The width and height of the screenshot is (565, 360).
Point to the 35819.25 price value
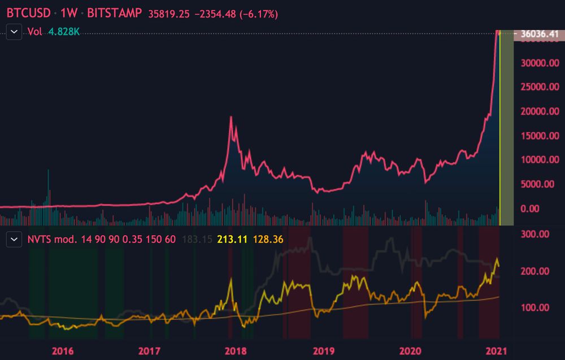(x=168, y=14)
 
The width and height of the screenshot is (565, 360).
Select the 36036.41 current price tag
(x=539, y=35)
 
